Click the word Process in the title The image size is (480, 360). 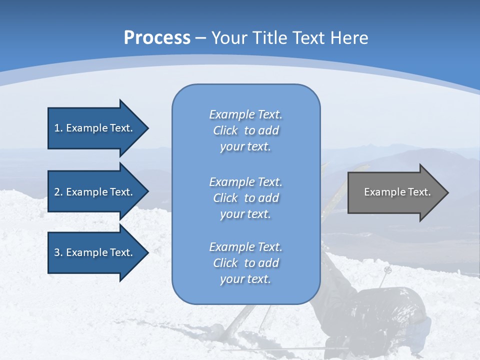pyautogui.click(x=157, y=37)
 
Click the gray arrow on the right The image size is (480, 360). pyautogui.click(x=395, y=192)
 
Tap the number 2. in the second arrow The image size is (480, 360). pyautogui.click(x=58, y=192)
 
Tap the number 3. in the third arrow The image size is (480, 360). pyautogui.click(x=58, y=252)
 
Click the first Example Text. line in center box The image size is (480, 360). pyautogui.click(x=245, y=114)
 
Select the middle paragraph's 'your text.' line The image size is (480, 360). pyautogui.click(x=245, y=214)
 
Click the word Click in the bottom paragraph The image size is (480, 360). pyautogui.click(x=225, y=263)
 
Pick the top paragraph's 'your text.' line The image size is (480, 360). pyautogui.click(x=245, y=147)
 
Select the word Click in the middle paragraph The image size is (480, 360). pyautogui.click(x=225, y=198)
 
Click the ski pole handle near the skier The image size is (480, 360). pyautogui.click(x=387, y=270)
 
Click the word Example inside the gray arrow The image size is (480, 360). pyautogui.click(x=381, y=192)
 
